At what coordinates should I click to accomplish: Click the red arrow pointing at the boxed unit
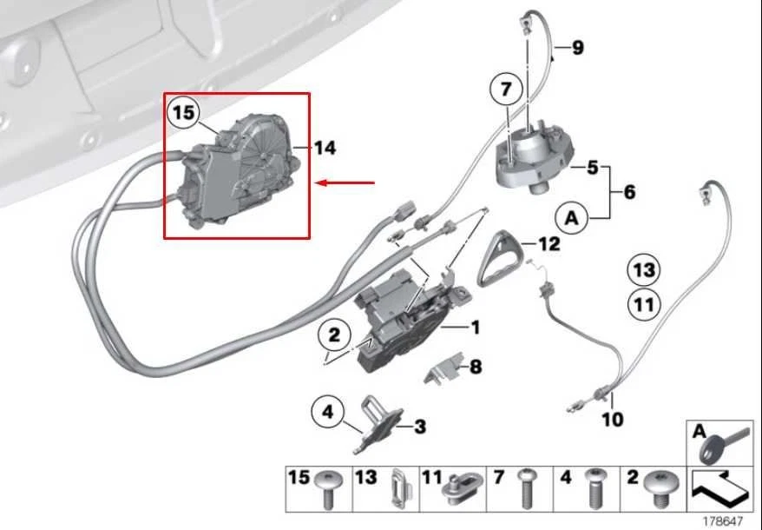click(346, 182)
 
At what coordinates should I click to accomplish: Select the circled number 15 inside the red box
click(184, 113)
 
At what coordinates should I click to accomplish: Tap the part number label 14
click(324, 149)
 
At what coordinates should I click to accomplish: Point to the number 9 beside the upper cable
click(578, 48)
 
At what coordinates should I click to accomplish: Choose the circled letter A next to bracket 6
click(570, 216)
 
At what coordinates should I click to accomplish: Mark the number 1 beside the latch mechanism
click(475, 328)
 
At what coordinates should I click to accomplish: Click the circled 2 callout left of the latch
click(335, 333)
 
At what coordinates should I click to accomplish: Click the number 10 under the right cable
click(612, 420)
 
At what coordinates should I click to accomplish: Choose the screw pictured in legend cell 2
click(664, 488)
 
